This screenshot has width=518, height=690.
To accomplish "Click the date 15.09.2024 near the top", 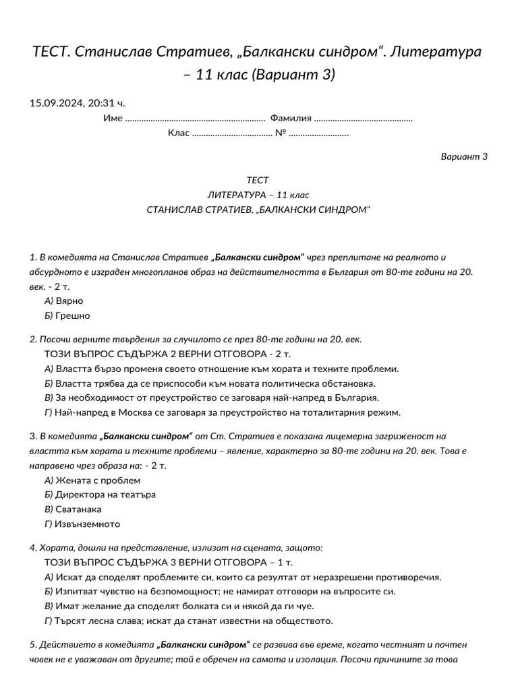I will coord(55,103).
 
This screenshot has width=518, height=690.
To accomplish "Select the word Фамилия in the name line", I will coord(291,119).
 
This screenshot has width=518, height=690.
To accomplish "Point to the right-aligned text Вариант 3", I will coord(464,157).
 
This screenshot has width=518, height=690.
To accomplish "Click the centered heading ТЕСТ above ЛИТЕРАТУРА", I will coord(258,180).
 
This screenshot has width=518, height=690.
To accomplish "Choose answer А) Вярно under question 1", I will coord(63,301).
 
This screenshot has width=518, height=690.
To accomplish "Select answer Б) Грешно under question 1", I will coord(67,315).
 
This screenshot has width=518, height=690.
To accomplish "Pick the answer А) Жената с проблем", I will coord(92,480).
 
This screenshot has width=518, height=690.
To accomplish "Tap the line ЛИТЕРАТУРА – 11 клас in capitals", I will coord(258,195).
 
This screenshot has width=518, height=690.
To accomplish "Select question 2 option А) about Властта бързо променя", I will coord(221,369).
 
